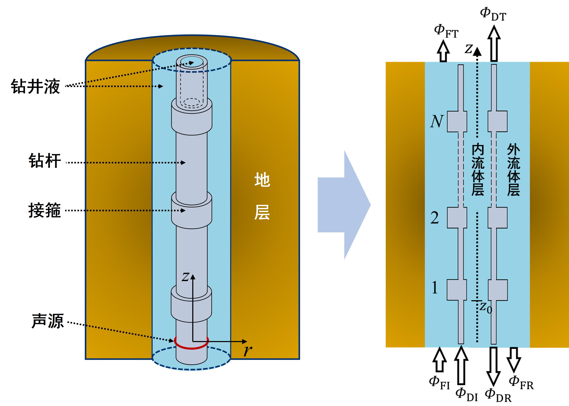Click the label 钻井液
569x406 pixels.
click(x=35, y=86)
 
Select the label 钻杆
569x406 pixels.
click(x=45, y=161)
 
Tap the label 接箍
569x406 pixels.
click(x=45, y=210)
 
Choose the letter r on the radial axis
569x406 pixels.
click(x=247, y=351)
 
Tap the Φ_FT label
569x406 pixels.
click(x=446, y=31)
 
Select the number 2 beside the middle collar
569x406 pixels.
click(x=435, y=218)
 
